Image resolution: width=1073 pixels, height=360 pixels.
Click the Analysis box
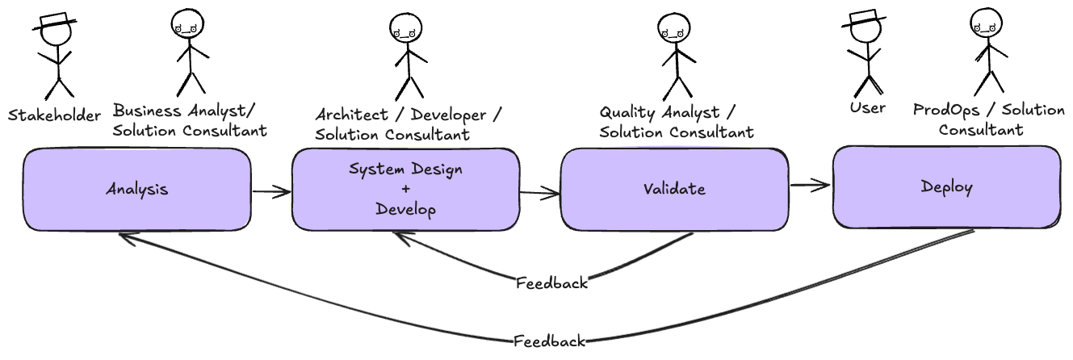pyautogui.click(x=137, y=190)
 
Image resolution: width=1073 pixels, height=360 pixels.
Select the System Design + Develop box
pyautogui.click(x=406, y=190)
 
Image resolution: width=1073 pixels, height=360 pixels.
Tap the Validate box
pyautogui.click(x=674, y=190)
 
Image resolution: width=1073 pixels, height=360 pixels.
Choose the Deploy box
pyautogui.click(x=947, y=187)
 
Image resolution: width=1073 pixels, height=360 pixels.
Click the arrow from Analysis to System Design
pyautogui.click(x=271, y=192)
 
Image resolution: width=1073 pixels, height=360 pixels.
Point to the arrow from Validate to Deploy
pyautogui.click(x=810, y=185)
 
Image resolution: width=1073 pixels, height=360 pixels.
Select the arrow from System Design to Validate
pyautogui.click(x=540, y=193)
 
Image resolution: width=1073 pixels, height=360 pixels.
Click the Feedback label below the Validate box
pyautogui.click(x=551, y=283)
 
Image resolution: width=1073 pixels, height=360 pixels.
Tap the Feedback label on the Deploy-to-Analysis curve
pyautogui.click(x=550, y=341)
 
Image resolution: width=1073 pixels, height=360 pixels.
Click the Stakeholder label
pyautogui.click(x=54, y=115)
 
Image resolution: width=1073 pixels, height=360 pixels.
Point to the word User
pyautogui.click(x=867, y=107)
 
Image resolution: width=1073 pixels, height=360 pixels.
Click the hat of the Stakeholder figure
pyautogui.click(x=55, y=22)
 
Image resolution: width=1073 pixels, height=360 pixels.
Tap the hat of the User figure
pyautogui.click(x=864, y=19)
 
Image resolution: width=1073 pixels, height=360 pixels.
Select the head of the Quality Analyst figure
pyautogui.click(x=674, y=29)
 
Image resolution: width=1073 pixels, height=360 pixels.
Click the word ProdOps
pyautogui.click(x=946, y=110)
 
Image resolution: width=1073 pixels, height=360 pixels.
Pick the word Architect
pyautogui.click(x=351, y=115)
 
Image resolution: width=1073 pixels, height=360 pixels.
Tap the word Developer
pyautogui.click(x=448, y=115)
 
